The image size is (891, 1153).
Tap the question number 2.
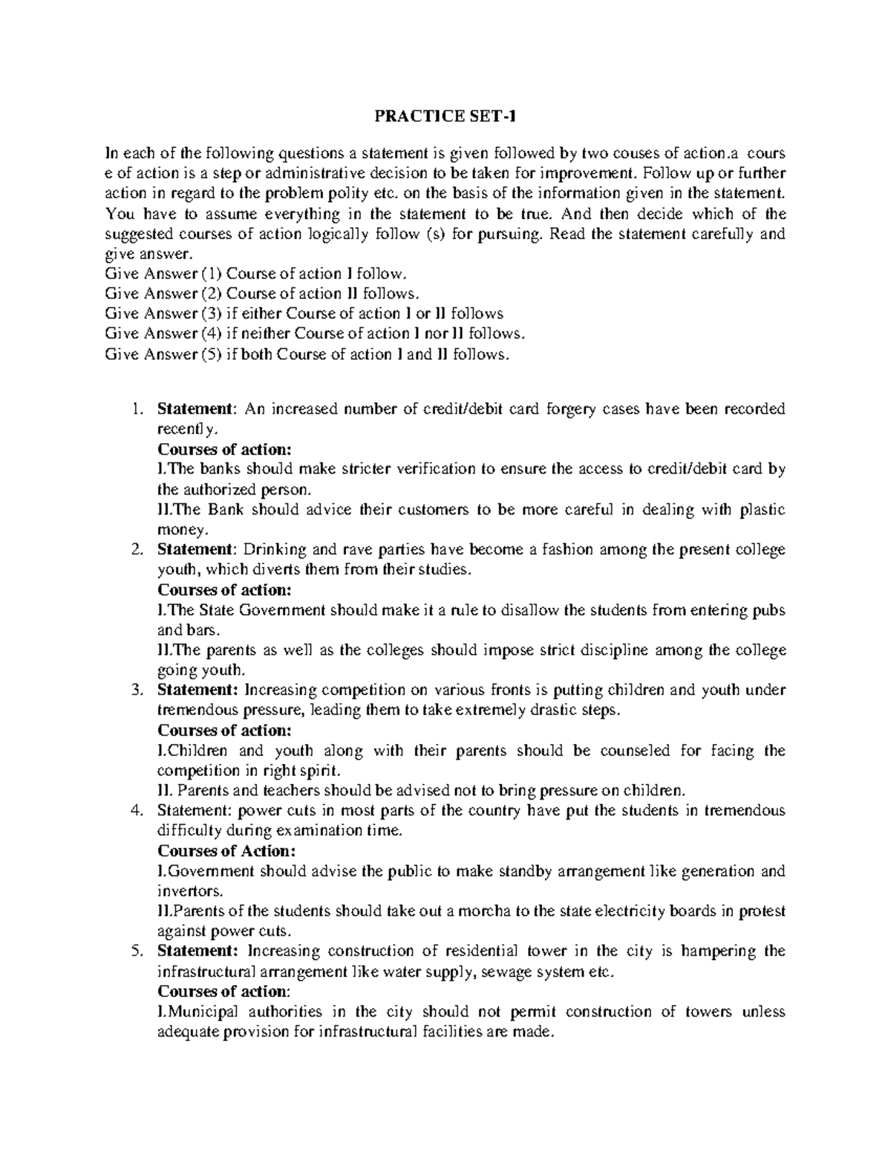pyautogui.click(x=135, y=550)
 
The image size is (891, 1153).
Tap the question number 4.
pyautogui.click(x=135, y=811)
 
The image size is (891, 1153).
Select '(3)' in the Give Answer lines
pyautogui.click(x=211, y=313)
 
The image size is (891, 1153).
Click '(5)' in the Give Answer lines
pyautogui.click(x=211, y=354)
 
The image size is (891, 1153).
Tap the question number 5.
pyautogui.click(x=135, y=951)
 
